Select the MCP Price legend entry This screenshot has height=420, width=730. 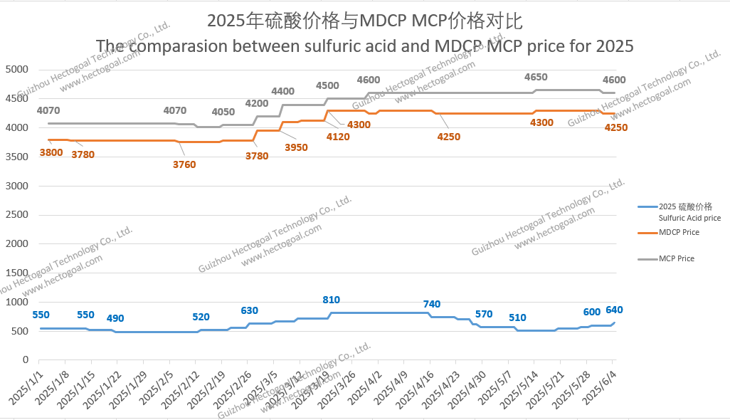(676, 258)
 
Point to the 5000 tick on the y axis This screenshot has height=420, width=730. (16, 69)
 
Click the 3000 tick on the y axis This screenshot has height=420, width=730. (16, 186)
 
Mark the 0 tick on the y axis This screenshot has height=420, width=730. (25, 360)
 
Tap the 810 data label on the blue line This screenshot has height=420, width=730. (332, 300)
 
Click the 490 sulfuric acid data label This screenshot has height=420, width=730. (115, 318)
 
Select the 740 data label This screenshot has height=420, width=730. (432, 304)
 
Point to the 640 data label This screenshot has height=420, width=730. (614, 310)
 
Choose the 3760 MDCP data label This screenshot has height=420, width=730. (184, 164)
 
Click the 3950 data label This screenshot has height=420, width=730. (296, 147)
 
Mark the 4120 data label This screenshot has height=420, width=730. (337, 137)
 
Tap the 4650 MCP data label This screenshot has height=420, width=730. (536, 77)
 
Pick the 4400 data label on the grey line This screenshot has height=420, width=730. (282, 91)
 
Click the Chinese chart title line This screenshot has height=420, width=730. (364, 20)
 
